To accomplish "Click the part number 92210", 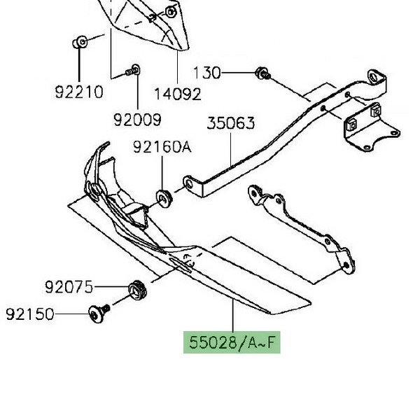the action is [x=79, y=92].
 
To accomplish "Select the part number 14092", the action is [x=178, y=94].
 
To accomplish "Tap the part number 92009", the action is [x=138, y=120].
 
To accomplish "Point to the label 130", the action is [x=206, y=73].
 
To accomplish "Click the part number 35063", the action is [x=231, y=123].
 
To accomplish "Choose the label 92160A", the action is [x=162, y=146].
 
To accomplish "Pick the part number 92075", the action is [x=69, y=287].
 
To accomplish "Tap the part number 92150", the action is [x=30, y=314].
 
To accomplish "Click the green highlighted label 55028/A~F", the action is [x=232, y=342].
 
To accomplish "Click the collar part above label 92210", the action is [x=80, y=42].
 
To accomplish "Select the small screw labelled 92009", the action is [x=133, y=71].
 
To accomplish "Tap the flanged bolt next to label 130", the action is [x=262, y=73].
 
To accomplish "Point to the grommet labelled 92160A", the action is [x=164, y=198].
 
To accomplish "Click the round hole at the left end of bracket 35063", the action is [x=190, y=184].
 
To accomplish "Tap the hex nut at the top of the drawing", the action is [x=170, y=12].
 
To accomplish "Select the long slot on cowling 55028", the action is [x=180, y=265].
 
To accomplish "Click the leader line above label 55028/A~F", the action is [x=233, y=316].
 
